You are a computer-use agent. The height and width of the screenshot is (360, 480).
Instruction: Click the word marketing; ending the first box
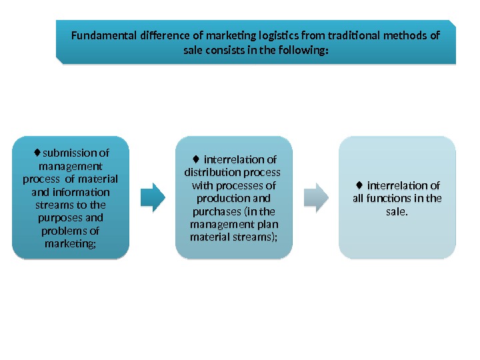pyautogui.click(x=70, y=244)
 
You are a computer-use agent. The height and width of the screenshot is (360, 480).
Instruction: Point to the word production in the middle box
pyautogui.click(x=233, y=199)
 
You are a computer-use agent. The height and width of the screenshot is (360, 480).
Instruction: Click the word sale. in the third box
pyautogui.click(x=397, y=211)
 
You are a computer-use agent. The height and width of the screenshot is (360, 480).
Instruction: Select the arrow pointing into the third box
pyautogui.click(x=316, y=197)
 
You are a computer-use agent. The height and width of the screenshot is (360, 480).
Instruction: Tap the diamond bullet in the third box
pyautogui.click(x=359, y=185)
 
